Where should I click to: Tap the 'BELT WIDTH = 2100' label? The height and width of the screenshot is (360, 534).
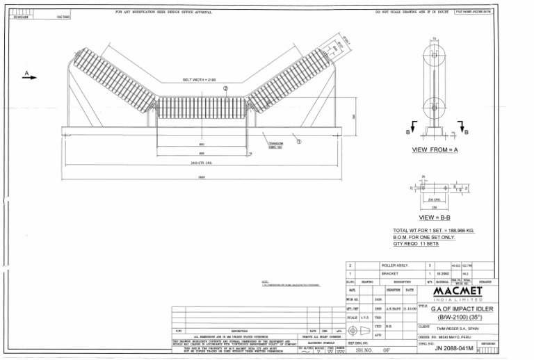199,80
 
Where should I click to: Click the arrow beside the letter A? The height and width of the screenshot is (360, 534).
29,78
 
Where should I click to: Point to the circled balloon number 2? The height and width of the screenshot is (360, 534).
225,89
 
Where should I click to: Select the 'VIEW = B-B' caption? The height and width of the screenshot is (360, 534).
432,218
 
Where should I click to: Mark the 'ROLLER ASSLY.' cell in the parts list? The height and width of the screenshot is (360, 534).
394,265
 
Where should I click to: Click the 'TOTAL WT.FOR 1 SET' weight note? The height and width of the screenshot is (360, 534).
433,230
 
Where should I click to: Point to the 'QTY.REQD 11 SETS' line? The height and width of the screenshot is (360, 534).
416,244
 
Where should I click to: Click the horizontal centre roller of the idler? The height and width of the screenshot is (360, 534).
202,108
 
